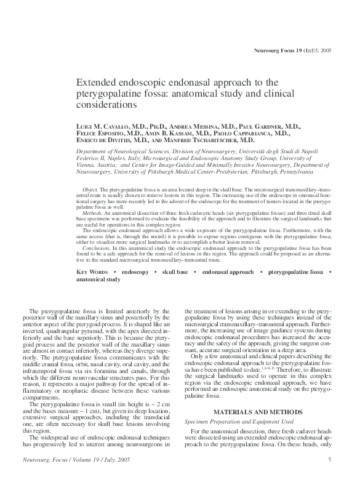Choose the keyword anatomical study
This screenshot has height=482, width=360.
(x=98, y=279)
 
